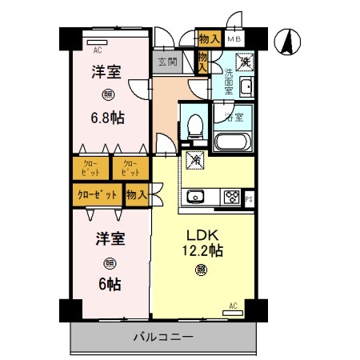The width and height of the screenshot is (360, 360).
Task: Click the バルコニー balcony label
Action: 162,337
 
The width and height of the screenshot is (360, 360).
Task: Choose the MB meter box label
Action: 234,39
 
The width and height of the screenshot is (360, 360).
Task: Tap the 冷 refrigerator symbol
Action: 195,159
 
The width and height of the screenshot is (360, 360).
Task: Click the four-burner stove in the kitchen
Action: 232,196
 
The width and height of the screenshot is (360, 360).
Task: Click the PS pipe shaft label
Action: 250,199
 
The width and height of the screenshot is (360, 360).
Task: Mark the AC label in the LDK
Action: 234,305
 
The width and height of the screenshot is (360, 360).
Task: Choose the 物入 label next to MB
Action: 210,38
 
